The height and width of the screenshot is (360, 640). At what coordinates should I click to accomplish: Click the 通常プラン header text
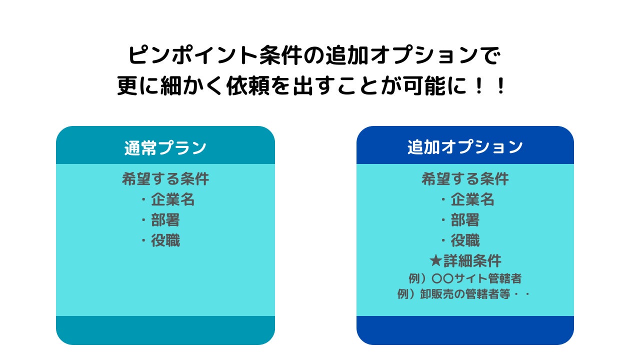pyautogui.click(x=165, y=147)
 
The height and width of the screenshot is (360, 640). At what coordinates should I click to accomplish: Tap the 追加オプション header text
pyautogui.click(x=465, y=147)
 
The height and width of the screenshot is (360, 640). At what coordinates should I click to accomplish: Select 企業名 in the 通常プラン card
pyautogui.click(x=173, y=199)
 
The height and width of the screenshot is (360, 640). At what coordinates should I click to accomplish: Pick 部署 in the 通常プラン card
pyautogui.click(x=165, y=220)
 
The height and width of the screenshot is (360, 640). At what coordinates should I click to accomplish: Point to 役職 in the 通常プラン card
pyautogui.click(x=165, y=240)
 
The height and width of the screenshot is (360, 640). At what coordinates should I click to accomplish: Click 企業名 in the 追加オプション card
pyautogui.click(x=472, y=199)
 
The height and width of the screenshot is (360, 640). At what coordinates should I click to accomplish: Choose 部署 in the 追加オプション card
pyautogui.click(x=465, y=220)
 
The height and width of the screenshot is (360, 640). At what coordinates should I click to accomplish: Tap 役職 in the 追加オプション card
pyautogui.click(x=465, y=240)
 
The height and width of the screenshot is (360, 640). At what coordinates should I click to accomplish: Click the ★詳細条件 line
pyautogui.click(x=465, y=261)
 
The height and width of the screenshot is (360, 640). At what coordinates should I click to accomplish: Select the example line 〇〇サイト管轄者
pyautogui.click(x=465, y=278)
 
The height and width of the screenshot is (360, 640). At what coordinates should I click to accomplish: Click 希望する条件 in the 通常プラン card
pyautogui.click(x=165, y=179)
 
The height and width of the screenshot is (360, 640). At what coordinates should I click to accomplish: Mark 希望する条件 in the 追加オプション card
pyautogui.click(x=465, y=179)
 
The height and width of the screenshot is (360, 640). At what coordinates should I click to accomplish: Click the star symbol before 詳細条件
pyautogui.click(x=435, y=261)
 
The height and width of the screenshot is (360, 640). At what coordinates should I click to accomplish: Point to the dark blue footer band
pyautogui.click(x=465, y=330)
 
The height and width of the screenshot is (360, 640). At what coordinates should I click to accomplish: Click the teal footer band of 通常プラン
pyautogui.click(x=165, y=330)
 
